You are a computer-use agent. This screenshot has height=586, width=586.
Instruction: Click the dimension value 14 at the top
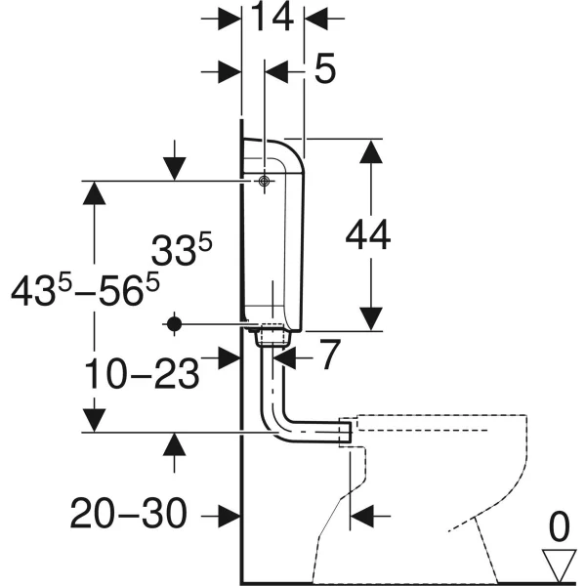[x=272, y=18]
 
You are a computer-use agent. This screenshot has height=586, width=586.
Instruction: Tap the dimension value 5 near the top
[x=325, y=68]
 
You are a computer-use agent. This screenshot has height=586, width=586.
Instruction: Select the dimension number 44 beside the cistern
[x=368, y=235]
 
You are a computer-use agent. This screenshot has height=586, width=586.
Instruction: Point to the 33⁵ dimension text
[x=182, y=249]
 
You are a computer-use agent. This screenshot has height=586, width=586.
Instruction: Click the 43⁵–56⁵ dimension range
[x=85, y=289]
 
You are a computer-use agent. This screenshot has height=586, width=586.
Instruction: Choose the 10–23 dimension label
[x=142, y=373]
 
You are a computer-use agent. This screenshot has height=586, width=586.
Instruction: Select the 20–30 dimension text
[x=129, y=513]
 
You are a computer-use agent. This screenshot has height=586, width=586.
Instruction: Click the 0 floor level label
[x=559, y=527]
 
